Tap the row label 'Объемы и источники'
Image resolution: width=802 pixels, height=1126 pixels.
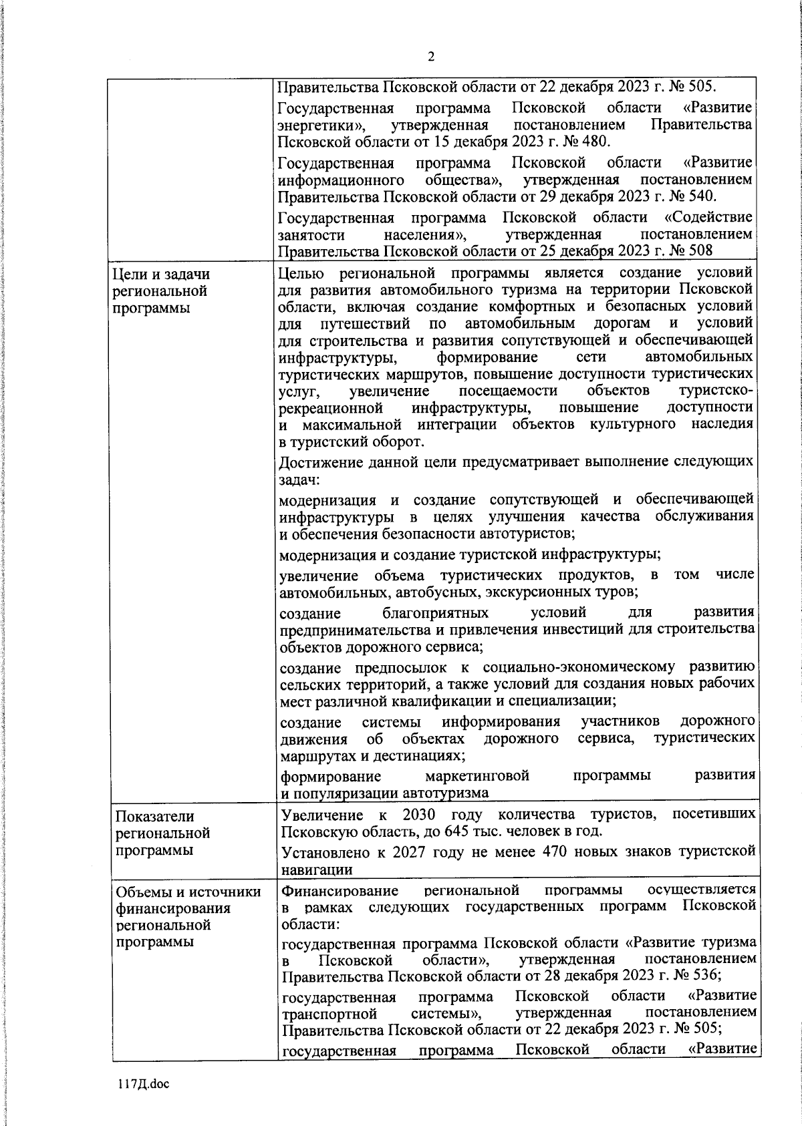188,892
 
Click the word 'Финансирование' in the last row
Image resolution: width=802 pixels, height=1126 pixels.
340,890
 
